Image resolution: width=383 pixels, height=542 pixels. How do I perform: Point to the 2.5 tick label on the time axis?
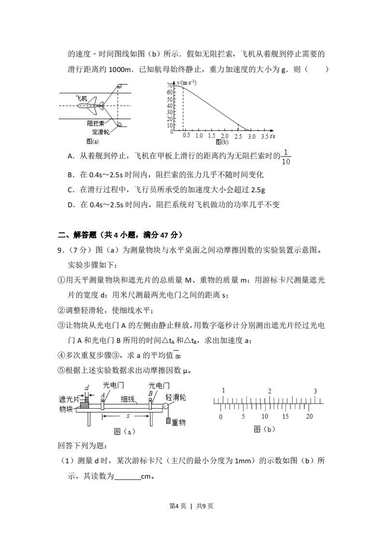click(x=238, y=136)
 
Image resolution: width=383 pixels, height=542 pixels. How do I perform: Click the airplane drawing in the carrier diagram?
click(x=90, y=105)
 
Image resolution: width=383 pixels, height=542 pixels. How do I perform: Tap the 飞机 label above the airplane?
click(x=82, y=98)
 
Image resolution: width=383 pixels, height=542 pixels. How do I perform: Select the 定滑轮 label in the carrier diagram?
click(x=100, y=132)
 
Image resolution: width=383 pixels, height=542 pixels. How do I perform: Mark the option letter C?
click(x=71, y=189)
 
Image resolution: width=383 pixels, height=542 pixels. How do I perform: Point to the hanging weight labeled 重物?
click(x=169, y=421)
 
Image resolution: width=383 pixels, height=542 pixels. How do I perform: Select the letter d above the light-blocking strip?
click(x=86, y=387)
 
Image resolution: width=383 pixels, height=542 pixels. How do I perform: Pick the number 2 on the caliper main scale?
click(x=270, y=391)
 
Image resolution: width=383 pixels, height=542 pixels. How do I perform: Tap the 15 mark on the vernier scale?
click(x=285, y=416)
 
